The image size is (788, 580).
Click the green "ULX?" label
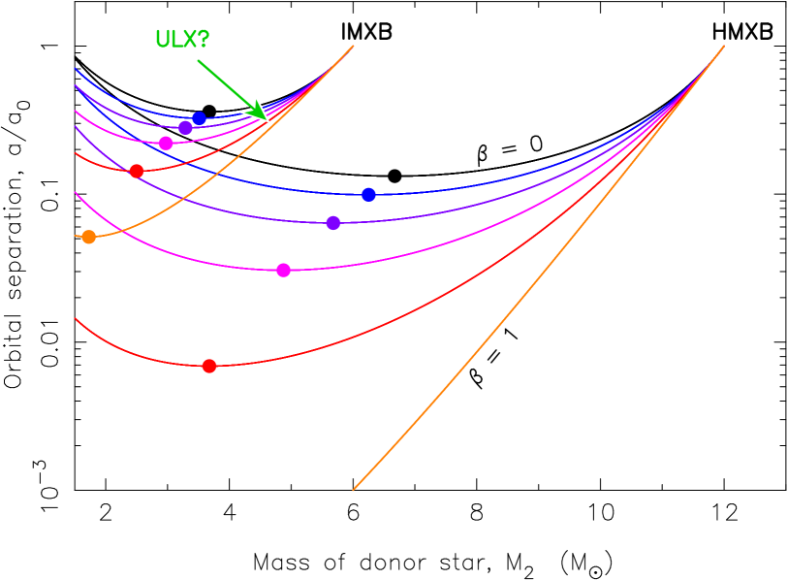click(182, 40)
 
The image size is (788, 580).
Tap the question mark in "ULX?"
click(202, 40)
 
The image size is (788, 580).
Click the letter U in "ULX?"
click(163, 40)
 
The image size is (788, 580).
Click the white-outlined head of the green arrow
click(256, 109)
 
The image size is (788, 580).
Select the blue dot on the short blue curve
click(199, 118)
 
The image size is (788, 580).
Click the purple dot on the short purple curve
click(185, 128)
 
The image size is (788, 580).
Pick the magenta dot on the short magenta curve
click(166, 144)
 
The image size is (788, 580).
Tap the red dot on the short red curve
click(137, 171)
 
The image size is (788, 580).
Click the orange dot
click(89, 237)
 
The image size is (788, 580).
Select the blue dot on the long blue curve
click(368, 195)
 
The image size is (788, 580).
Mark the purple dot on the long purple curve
click(333, 223)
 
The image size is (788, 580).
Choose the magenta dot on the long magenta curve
click(283, 270)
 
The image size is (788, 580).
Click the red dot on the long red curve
click(209, 366)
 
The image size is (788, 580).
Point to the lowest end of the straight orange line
click(353, 490)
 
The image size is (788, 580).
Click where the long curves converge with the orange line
click(722, 47)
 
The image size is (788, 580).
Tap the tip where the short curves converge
click(351, 47)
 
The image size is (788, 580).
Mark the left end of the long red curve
click(76, 318)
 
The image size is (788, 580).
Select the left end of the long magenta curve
click(76, 193)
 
